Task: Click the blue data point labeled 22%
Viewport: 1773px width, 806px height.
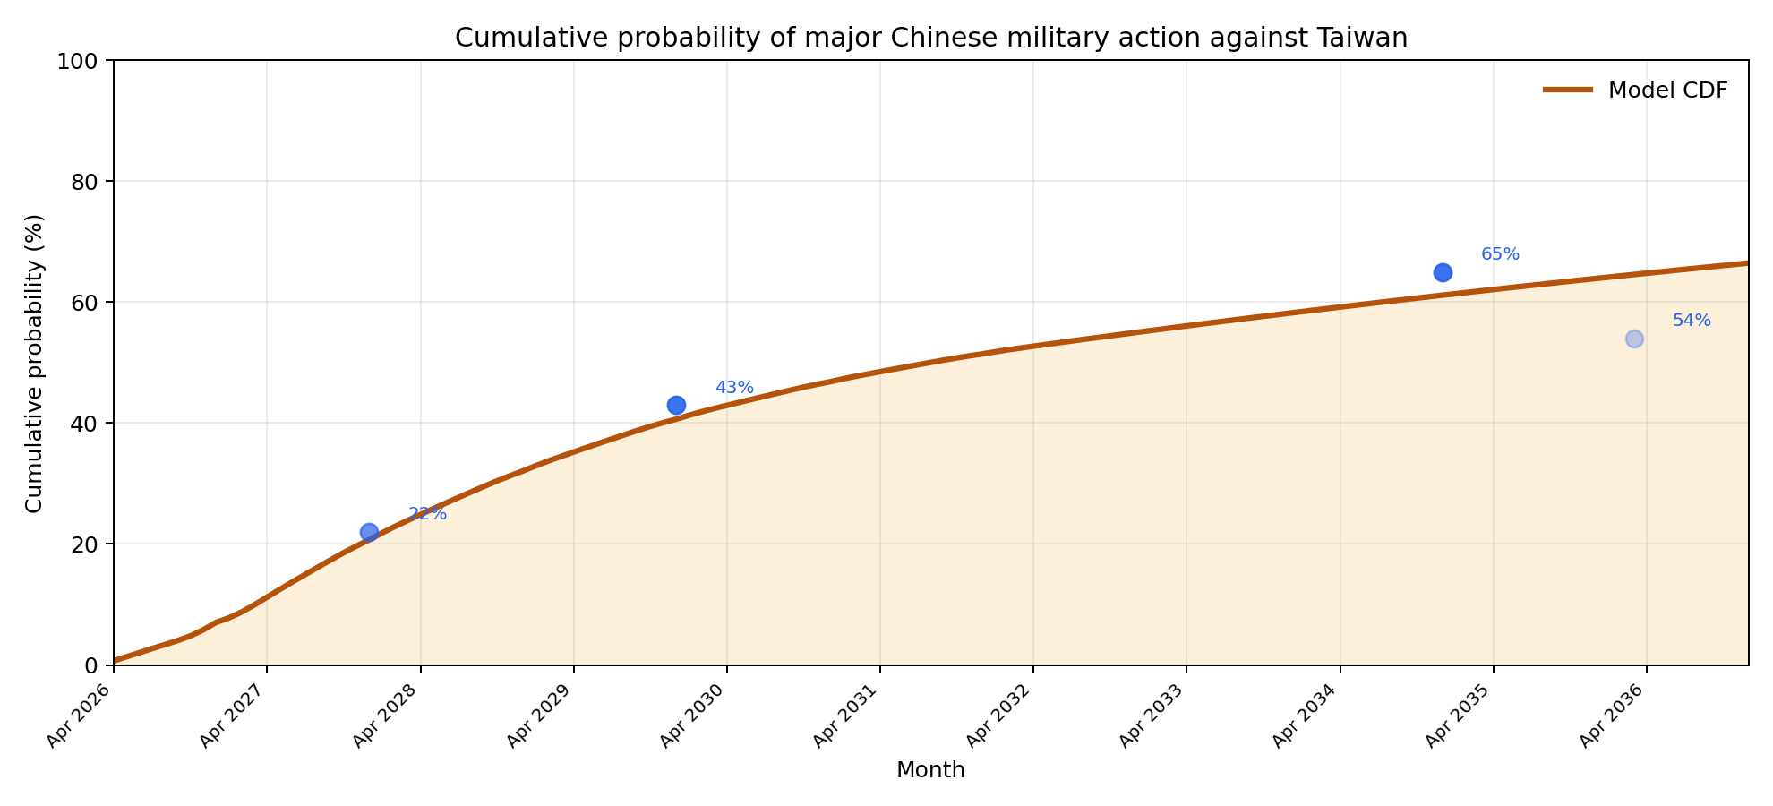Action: pos(369,532)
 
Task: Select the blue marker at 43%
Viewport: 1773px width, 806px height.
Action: pos(676,405)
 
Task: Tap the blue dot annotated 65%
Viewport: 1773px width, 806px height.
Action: pos(1443,272)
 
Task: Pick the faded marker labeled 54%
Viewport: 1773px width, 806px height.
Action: pos(1634,339)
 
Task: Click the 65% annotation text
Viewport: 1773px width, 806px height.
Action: pos(1500,254)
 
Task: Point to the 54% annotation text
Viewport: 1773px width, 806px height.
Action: pos(1692,321)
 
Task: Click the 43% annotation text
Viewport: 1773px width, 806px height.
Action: pos(734,388)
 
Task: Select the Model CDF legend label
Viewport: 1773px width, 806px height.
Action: pos(1667,90)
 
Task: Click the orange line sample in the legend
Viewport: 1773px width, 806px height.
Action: pos(1568,90)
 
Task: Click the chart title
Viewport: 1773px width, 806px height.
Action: pos(931,38)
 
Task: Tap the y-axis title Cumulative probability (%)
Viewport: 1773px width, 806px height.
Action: pos(34,363)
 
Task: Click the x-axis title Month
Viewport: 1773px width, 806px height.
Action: pos(930,770)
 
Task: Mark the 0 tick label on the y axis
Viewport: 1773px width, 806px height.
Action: pos(93,665)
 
